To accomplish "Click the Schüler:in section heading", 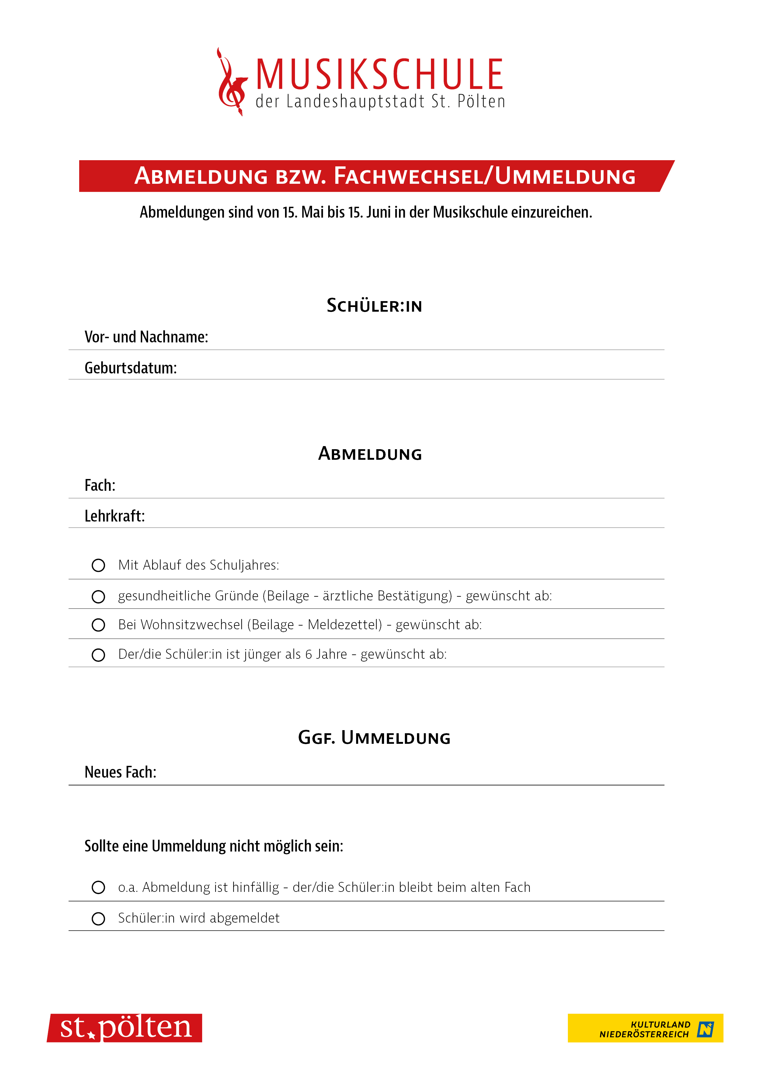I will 374,305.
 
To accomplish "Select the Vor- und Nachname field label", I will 146,337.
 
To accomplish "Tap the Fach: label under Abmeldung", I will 100,485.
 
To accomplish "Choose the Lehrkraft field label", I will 114,516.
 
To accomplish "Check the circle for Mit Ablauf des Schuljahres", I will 98,565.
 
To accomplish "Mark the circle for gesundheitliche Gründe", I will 98,596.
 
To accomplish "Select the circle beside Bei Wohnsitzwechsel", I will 98,625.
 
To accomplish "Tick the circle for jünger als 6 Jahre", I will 98,655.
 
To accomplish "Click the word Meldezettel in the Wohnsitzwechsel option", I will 344,625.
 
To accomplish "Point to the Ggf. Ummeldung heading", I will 374,738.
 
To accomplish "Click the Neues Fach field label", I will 120,772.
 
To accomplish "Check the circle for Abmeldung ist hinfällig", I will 98,888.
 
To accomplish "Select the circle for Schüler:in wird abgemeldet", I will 98,919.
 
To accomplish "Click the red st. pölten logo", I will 125,1028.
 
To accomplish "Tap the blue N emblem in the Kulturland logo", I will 705,1029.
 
